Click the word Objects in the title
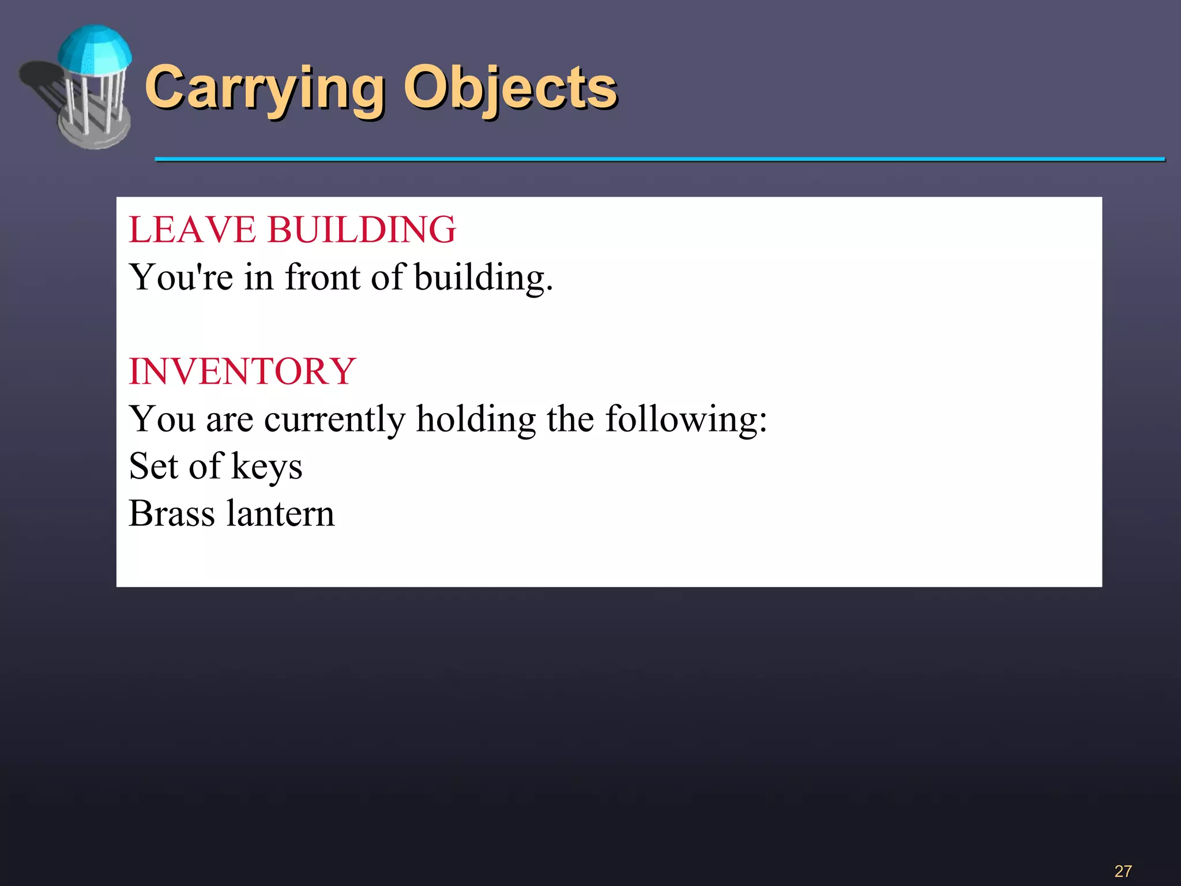pos(510,88)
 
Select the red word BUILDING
pos(362,230)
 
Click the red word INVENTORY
pos(242,371)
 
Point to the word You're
pos(181,277)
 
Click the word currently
pos(335,419)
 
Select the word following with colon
pos(686,419)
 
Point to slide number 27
pos(1123,871)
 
